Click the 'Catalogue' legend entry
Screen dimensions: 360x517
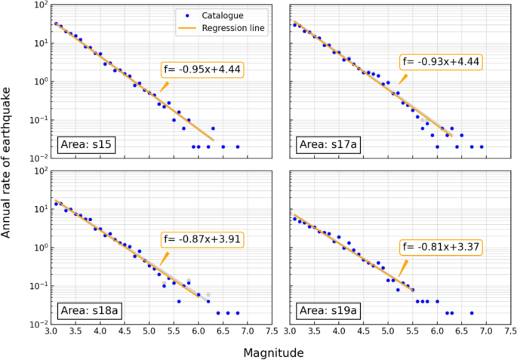tap(211, 14)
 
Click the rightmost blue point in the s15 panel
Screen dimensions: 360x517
tap(238, 146)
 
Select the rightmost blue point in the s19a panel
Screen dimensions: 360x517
tap(472, 312)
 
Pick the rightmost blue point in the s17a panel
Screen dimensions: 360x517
tap(482, 146)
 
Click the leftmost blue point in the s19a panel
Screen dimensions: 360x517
tap(294, 219)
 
